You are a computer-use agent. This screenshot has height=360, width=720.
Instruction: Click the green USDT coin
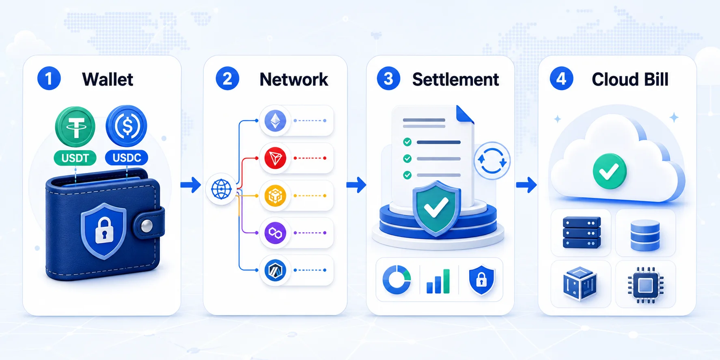(75, 127)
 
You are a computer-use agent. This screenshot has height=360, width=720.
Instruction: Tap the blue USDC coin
(126, 126)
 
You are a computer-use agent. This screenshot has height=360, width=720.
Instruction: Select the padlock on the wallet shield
(104, 230)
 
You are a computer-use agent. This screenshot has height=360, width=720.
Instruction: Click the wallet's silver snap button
(146, 226)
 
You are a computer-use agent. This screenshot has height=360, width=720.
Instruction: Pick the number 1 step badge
(49, 79)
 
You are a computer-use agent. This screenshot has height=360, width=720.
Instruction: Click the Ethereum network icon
(275, 121)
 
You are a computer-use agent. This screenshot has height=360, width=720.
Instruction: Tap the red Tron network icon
(275, 158)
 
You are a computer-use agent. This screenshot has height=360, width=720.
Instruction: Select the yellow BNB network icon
(275, 196)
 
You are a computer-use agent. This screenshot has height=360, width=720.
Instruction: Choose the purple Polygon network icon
(275, 233)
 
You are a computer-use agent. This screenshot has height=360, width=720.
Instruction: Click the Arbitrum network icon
(275, 270)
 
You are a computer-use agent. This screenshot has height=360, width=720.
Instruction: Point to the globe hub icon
(221, 189)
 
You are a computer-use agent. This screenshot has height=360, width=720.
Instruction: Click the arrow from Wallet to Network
(191, 185)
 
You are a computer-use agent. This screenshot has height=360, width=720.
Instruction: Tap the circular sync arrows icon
(492, 161)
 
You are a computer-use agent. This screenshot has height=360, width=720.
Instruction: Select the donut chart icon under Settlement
(397, 280)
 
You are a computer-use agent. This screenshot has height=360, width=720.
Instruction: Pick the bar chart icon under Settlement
(438, 281)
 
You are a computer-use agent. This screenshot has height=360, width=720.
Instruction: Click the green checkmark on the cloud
(610, 171)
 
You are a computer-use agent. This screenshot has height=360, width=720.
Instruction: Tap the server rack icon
(582, 233)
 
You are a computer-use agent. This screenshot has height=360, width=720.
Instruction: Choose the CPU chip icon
(645, 285)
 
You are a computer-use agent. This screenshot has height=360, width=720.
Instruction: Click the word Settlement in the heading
(455, 80)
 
